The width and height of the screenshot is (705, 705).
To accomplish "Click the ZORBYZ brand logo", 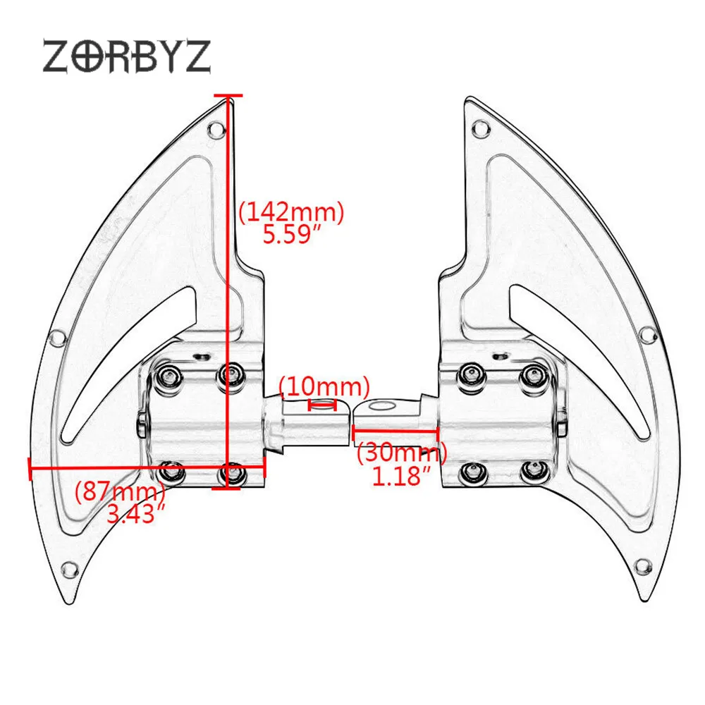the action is pos(126,56).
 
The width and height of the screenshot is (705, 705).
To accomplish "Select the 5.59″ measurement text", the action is pos(293,234).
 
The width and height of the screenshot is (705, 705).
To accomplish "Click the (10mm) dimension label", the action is pos(324,386).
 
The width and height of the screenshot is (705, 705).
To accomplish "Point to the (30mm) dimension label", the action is pos(402,452).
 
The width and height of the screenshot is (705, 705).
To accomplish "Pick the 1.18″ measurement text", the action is pos(402,476).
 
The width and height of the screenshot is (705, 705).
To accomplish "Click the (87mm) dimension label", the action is pos(120,491).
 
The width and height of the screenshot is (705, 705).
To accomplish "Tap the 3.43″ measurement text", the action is pos(136,513).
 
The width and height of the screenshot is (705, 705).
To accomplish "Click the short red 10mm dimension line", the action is pos(322,405).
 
